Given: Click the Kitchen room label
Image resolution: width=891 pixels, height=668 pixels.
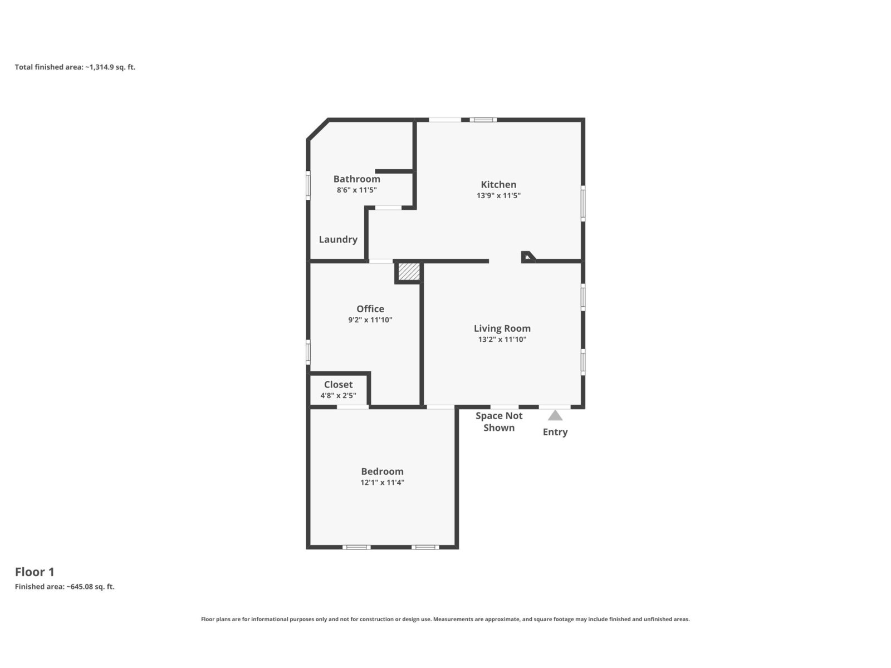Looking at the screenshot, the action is (498, 185).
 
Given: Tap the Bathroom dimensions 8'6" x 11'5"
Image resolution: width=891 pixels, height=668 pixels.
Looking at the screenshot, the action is (357, 190).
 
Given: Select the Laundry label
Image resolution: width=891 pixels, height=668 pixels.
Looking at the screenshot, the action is (338, 240).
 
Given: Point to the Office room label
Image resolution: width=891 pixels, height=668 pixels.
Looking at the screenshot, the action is (370, 308).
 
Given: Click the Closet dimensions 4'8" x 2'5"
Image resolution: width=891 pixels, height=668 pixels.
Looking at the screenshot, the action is (338, 395).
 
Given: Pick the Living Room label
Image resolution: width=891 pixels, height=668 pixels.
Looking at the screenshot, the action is (502, 328).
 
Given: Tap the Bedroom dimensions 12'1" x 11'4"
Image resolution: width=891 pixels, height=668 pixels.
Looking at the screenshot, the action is (383, 482).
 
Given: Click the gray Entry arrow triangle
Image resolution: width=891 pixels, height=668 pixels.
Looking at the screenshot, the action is (555, 416).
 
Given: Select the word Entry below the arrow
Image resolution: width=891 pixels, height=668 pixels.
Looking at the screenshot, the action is (555, 433).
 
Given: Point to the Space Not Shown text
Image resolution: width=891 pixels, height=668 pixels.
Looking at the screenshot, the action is (499, 422).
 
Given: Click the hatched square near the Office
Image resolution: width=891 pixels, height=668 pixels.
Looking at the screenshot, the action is (409, 272).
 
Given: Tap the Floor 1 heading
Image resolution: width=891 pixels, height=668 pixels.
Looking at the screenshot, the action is (35, 572).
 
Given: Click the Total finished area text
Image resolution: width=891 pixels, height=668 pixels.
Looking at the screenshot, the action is (75, 67).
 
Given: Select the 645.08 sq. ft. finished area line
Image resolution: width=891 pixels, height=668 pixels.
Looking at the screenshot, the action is (65, 587).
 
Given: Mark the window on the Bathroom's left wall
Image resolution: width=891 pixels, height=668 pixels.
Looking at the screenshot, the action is (308, 185).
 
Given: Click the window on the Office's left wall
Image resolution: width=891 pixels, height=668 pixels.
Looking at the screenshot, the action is (308, 352).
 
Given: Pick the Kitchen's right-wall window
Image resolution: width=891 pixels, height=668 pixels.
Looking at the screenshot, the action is (583, 204).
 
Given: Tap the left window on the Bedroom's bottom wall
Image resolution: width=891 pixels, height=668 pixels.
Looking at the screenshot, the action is (356, 547).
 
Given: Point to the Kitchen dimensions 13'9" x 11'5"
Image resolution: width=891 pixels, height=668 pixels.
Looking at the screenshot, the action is (498, 195).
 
